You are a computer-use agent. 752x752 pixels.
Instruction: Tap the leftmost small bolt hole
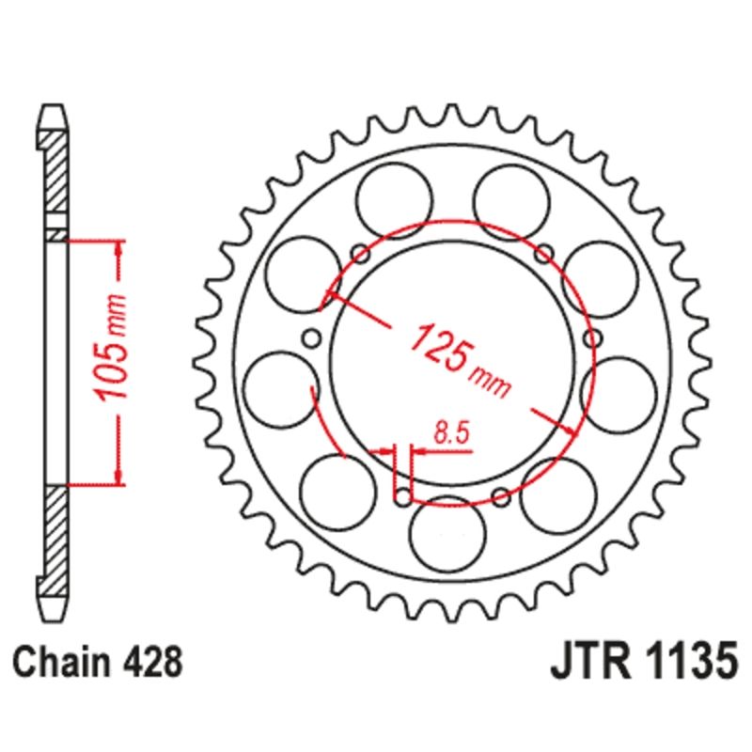coord(314,338)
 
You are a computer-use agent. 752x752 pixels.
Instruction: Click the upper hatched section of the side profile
coord(55,179)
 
